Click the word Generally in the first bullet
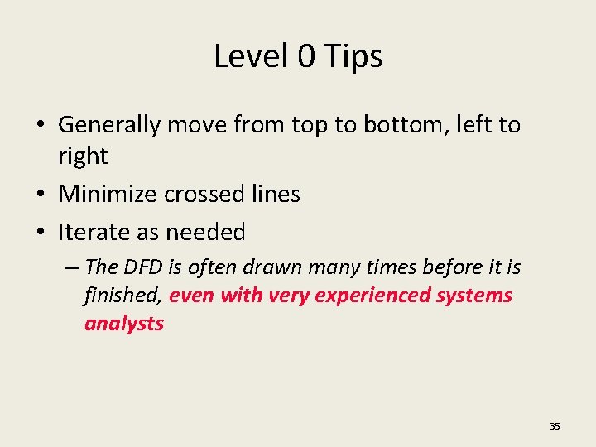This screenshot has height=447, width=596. pyautogui.click(x=109, y=126)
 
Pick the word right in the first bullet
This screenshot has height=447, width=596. pyautogui.click(x=83, y=156)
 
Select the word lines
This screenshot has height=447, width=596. pyautogui.click(x=276, y=194)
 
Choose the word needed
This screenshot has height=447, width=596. pyautogui.click(x=207, y=232)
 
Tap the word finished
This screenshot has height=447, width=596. pyautogui.click(x=123, y=296)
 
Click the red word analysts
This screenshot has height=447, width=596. pyautogui.click(x=124, y=324)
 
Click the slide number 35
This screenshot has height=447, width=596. pyautogui.click(x=555, y=426)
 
